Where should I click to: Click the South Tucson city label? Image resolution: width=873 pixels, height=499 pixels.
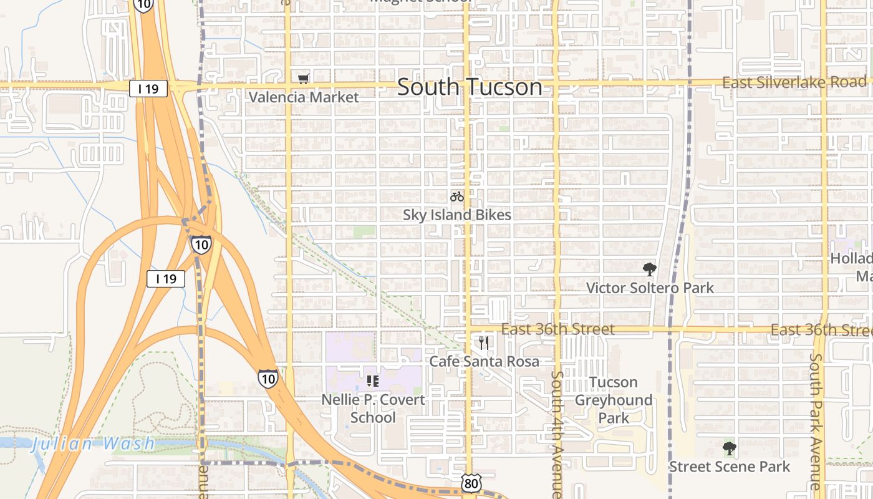tap(470, 87)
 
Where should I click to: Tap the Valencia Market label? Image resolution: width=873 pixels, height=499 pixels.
tap(304, 97)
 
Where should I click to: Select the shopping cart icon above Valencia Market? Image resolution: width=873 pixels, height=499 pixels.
tap(304, 79)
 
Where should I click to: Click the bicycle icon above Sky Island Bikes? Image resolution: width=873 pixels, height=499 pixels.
tap(457, 197)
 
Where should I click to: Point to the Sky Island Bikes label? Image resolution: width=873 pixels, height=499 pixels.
tap(457, 215)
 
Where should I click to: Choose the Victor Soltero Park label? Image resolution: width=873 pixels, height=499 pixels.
tap(650, 288)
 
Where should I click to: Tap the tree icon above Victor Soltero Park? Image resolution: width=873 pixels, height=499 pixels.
tap(650, 269)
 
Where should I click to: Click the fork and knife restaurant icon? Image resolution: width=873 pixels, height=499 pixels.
tap(484, 342)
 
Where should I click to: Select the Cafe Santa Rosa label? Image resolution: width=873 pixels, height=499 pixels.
tap(484, 361)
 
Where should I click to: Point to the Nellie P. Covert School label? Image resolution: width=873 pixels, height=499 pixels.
tap(373, 409)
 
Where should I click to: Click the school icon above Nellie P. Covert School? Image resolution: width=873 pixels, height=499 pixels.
tap(373, 380)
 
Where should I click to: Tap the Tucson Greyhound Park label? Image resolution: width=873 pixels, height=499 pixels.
tap(614, 400)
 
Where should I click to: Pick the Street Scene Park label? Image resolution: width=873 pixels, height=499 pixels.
tap(729, 467)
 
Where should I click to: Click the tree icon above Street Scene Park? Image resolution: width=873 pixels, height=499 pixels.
tap(729, 448)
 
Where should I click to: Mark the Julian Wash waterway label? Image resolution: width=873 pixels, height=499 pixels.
tap(94, 444)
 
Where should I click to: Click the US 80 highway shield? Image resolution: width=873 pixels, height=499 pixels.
tap(471, 483)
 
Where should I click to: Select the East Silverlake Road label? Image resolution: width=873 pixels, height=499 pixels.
tap(794, 82)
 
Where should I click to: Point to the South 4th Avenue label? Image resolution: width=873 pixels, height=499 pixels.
tap(557, 433)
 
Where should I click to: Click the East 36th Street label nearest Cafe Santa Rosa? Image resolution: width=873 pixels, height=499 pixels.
tap(557, 329)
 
